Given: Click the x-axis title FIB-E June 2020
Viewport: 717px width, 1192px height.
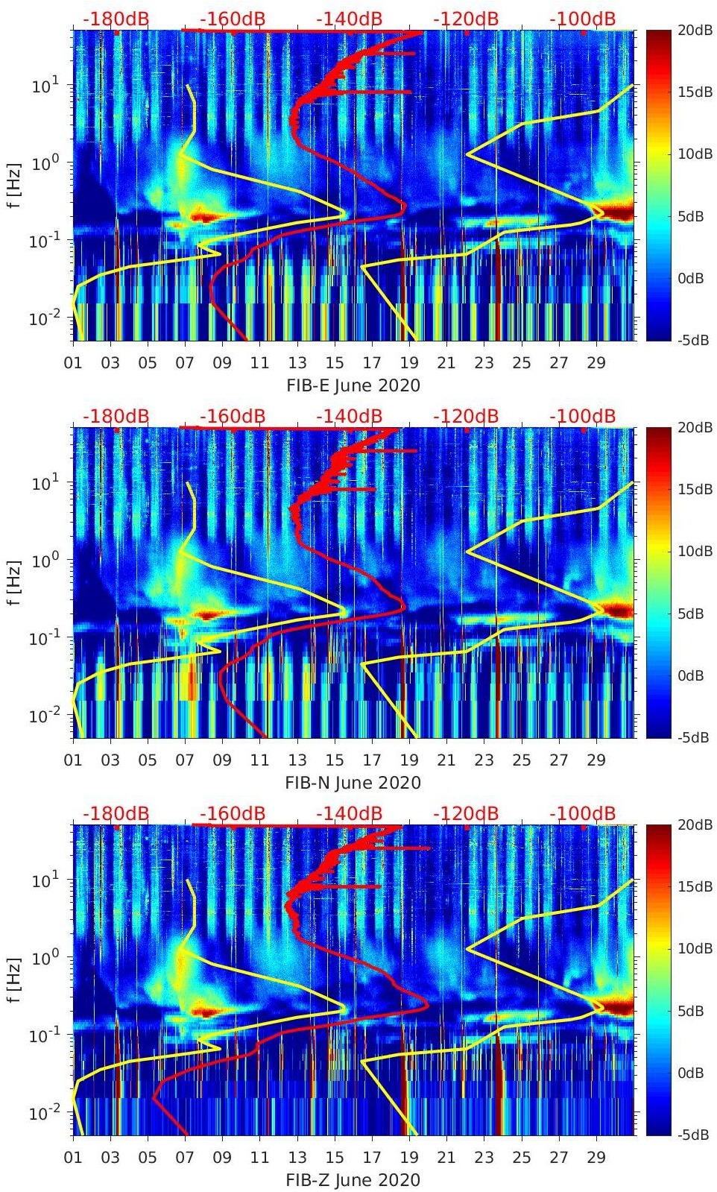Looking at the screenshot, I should click(x=353, y=385).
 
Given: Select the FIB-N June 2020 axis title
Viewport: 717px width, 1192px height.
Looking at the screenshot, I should click(x=353, y=783).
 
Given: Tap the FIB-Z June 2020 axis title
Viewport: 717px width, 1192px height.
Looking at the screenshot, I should click(x=353, y=1180).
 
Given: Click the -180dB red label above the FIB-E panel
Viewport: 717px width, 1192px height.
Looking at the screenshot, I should click(x=116, y=19).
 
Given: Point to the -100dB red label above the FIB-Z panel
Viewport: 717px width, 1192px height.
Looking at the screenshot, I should click(x=582, y=813).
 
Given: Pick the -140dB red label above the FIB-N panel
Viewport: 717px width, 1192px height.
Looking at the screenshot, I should click(x=349, y=416).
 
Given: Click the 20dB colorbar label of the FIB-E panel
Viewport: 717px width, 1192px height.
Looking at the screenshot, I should click(x=692, y=30).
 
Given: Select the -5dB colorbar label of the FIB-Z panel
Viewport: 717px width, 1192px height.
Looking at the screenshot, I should click(x=692, y=1135).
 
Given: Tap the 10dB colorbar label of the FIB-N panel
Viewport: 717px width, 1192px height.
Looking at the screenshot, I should click(x=692, y=551).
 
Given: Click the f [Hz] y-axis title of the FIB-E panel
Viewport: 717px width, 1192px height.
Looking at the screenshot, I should click(x=16, y=185).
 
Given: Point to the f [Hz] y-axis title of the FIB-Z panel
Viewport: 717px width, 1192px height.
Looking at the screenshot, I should click(x=16, y=980).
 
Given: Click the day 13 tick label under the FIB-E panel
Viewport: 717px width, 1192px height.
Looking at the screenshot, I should click(x=297, y=363).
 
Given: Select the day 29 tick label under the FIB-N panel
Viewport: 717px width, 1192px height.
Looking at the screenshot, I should click(x=596, y=760).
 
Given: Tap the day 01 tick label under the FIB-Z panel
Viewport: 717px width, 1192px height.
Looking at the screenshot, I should click(x=73, y=1158).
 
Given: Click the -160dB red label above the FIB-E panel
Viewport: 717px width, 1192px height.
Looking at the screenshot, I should click(x=233, y=19).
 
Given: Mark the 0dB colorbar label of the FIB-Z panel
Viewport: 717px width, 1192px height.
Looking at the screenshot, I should click(x=692, y=1073).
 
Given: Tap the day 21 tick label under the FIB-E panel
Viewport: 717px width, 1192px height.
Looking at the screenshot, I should click(x=446, y=363).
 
